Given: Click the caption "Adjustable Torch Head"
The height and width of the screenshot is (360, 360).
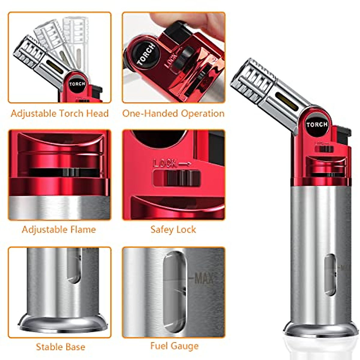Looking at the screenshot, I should (60, 113).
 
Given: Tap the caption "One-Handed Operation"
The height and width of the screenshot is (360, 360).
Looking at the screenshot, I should (173, 113).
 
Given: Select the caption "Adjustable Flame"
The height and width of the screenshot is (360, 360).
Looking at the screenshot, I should (59, 229).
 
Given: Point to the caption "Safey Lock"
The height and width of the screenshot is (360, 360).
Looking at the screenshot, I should (173, 229).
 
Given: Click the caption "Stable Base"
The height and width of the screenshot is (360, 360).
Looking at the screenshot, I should (60, 347).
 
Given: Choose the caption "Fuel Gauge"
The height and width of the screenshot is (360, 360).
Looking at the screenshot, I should (174, 346).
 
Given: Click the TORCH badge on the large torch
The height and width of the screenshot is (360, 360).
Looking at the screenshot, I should (317, 124).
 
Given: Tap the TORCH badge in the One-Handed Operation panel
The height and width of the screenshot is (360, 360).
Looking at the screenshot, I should (146, 54).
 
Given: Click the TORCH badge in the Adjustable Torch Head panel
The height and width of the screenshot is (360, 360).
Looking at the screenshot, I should (77, 84).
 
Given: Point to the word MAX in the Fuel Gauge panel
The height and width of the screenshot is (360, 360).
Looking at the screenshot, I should (204, 278).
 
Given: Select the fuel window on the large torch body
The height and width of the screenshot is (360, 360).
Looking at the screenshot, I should (330, 274).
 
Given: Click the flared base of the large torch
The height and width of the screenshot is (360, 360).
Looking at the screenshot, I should (321, 328).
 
